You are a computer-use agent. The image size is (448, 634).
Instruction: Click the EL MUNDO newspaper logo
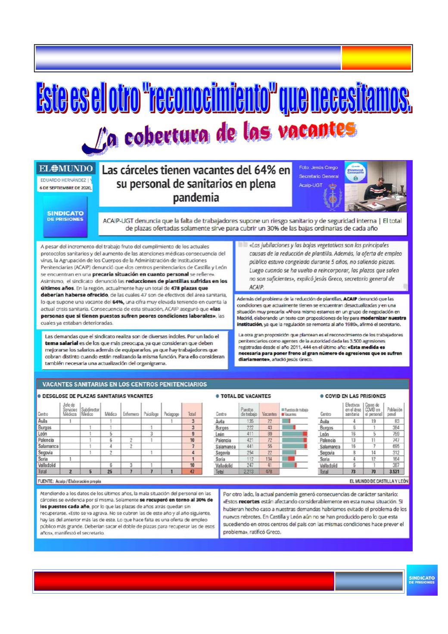pos(65,168)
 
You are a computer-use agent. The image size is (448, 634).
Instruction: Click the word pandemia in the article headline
pos(196,198)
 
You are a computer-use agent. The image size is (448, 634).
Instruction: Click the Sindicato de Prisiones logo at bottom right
pos(422,580)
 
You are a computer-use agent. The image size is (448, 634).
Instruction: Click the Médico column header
pos(111,414)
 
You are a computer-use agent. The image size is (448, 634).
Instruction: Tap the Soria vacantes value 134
pos(270,459)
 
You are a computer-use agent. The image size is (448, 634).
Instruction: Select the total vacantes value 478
pos(270,472)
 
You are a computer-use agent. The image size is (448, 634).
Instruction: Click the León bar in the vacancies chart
pos(295,434)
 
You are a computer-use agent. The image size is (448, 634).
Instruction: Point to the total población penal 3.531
pos(393,472)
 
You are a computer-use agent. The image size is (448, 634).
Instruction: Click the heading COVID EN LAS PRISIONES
pos(355,396)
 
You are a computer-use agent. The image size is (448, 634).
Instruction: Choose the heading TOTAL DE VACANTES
pos(246,396)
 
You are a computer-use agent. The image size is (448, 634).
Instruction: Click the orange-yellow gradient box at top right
pos(376,58)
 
